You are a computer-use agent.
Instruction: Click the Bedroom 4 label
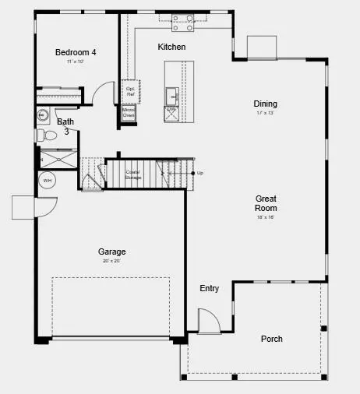click(76, 52)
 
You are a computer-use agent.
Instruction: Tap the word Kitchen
click(171, 47)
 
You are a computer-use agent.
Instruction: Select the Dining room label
click(265, 104)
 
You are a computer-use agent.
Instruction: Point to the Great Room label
click(266, 203)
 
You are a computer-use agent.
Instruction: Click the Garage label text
click(111, 252)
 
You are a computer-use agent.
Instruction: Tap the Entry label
click(209, 288)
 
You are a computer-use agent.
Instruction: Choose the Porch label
click(272, 339)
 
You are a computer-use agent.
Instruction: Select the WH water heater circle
click(48, 181)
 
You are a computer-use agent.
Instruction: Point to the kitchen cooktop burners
click(182, 23)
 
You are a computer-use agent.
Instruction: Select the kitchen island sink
click(171, 95)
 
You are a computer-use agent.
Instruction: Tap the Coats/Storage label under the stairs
click(132, 174)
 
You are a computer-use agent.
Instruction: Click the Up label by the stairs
click(200, 173)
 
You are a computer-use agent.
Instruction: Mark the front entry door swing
click(208, 320)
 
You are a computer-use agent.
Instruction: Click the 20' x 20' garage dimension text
click(111, 262)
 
